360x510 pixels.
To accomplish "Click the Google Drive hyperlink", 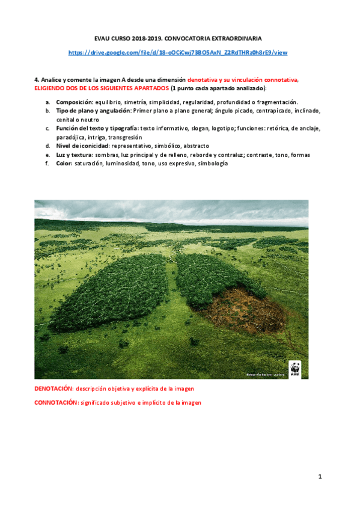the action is (178, 52).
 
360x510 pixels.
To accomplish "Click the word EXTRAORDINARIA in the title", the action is (236, 37).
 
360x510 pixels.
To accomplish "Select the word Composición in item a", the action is (74, 102).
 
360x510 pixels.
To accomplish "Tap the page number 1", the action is (320, 477).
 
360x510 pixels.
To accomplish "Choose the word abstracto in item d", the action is (196, 146).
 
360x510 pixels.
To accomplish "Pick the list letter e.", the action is (47, 155).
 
